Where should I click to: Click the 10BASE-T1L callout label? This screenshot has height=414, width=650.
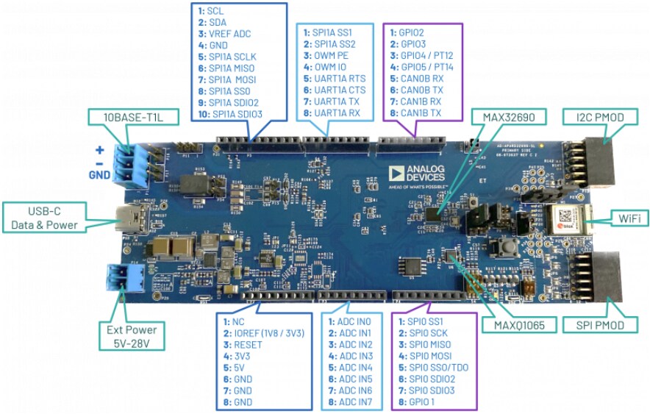[x=126, y=118]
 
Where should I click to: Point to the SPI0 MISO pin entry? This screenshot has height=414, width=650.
[x=428, y=345]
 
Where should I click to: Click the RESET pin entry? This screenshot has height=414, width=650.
[x=249, y=345]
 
